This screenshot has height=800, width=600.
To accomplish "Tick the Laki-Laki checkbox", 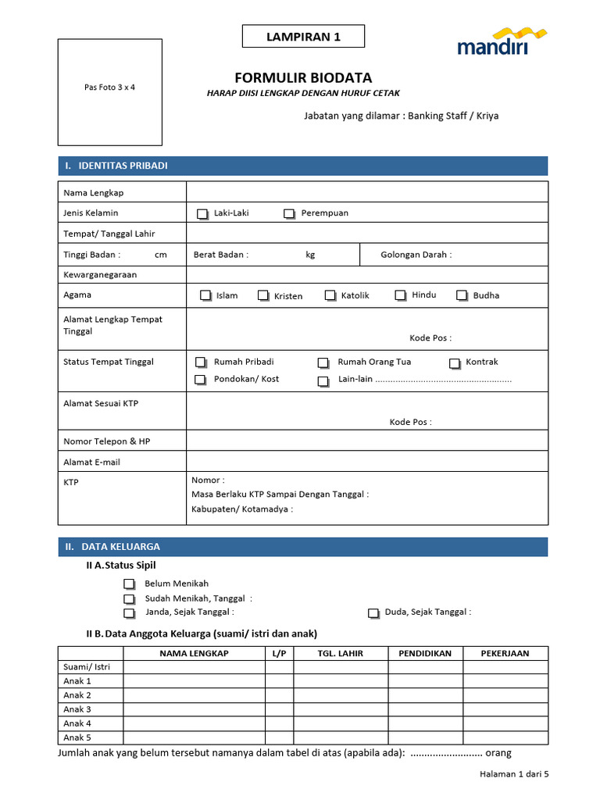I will (x=202, y=213).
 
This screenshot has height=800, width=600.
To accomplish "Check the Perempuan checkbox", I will (x=289, y=213).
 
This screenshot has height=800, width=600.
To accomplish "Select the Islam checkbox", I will (x=205, y=295).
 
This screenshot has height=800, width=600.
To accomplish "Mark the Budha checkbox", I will (x=462, y=295).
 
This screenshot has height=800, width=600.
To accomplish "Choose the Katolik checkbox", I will (x=330, y=295).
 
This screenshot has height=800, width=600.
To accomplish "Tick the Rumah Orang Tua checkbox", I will (x=323, y=362).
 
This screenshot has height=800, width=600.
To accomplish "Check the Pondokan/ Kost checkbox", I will (x=201, y=380).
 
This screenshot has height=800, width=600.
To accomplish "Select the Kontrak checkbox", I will (x=455, y=362).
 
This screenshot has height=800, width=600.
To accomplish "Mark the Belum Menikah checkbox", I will (x=129, y=584).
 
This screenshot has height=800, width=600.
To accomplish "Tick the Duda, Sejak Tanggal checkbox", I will (x=373, y=613).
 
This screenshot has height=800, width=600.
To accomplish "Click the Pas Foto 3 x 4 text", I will (x=109, y=87).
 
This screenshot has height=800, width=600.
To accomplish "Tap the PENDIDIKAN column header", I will (x=425, y=653).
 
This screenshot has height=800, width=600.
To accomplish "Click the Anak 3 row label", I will (x=77, y=709).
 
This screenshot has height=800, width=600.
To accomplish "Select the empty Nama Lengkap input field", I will (x=366, y=192).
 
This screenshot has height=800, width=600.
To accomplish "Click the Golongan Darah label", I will (x=416, y=255).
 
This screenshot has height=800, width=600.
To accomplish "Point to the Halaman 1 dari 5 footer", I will (x=514, y=774).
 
